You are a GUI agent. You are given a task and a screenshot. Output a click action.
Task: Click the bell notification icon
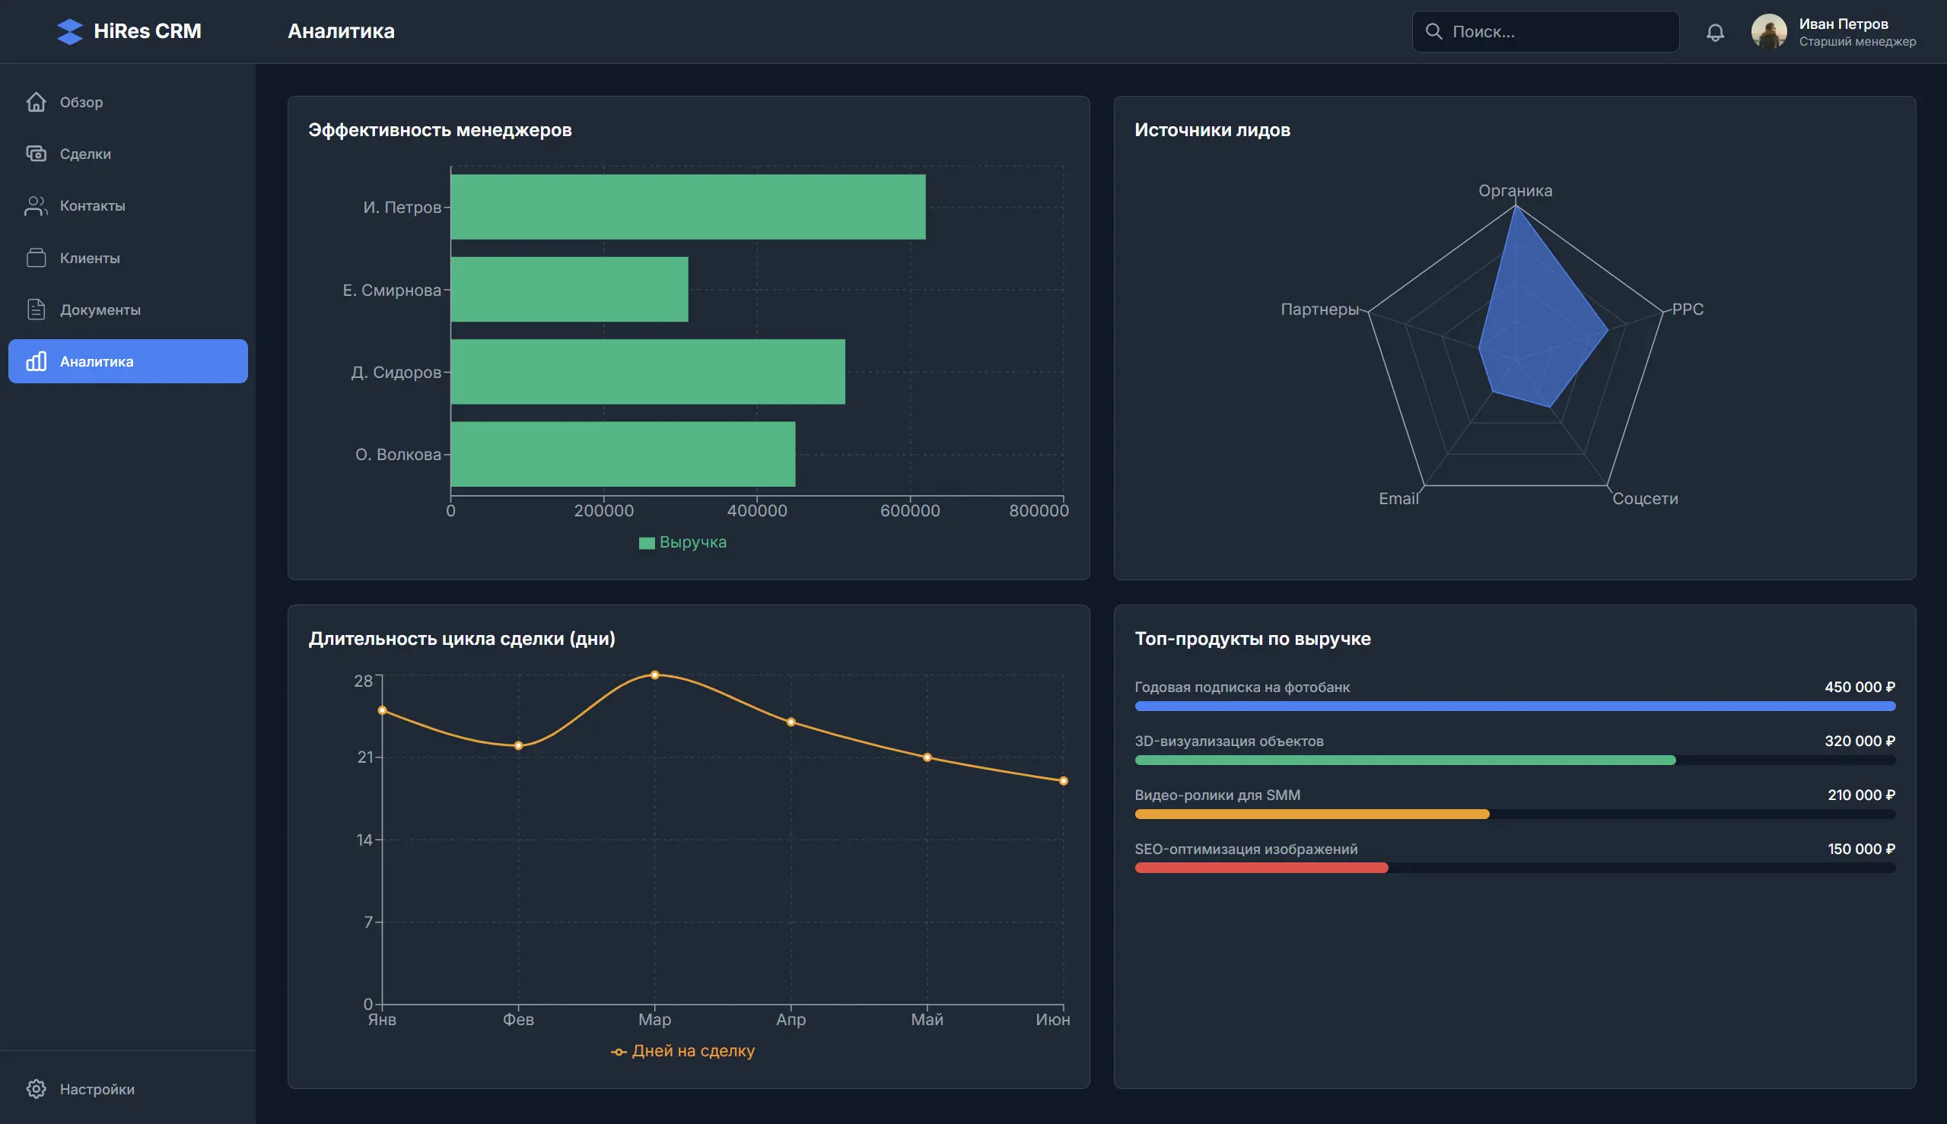[x=1714, y=33]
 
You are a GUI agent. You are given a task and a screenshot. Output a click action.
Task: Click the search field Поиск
[x=1545, y=32]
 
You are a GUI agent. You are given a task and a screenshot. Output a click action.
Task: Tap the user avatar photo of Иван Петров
[x=1769, y=32]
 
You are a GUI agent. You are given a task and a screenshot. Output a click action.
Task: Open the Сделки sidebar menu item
[x=85, y=154]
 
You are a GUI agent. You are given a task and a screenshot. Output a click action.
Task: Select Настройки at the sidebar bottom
[x=97, y=1088]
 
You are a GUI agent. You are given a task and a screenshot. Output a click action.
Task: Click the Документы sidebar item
[x=100, y=310]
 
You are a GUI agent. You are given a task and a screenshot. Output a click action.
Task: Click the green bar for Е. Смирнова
[x=569, y=290]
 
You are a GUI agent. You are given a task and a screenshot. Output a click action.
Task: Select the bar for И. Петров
[x=687, y=207]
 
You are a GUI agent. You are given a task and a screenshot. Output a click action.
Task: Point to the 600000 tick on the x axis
[x=910, y=510]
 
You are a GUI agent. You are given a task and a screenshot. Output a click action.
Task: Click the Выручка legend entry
[x=683, y=542]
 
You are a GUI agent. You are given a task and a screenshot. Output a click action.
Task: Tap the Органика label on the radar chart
[x=1515, y=191]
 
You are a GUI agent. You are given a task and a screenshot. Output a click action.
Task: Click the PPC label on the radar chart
[x=1688, y=309]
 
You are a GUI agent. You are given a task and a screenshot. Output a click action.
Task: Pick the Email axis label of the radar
[x=1398, y=499]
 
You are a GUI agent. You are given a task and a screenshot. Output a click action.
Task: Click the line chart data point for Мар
[x=654, y=675]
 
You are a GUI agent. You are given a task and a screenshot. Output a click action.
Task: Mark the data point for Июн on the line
[x=1063, y=780]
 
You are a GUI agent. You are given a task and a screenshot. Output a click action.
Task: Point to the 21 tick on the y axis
[x=364, y=757]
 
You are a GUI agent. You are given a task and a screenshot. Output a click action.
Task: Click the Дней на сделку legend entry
[x=683, y=1051]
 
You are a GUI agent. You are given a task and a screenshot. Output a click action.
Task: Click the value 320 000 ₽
[x=1859, y=741]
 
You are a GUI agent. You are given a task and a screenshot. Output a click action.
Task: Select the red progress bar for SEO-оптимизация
[x=1261, y=868]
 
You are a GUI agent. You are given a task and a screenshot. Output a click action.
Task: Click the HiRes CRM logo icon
[x=69, y=32]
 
